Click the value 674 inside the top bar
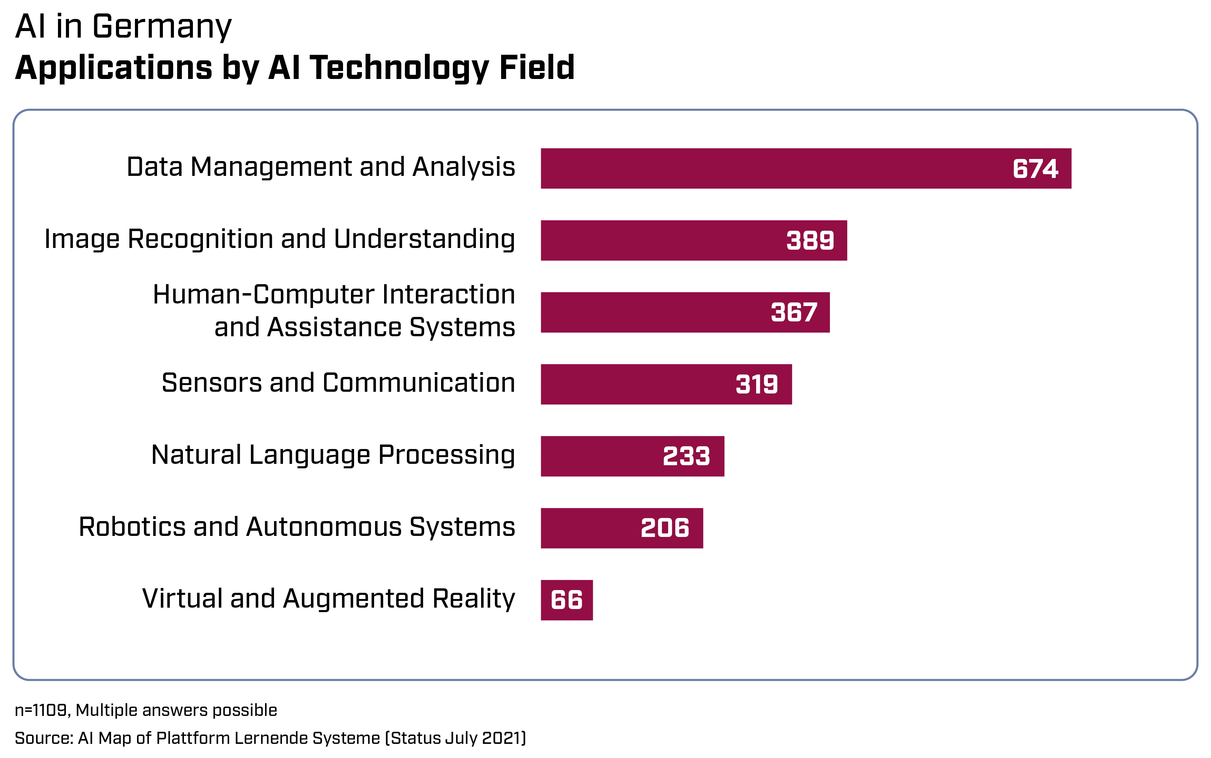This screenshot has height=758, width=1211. point(1035,168)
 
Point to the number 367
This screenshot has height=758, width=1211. point(794,312)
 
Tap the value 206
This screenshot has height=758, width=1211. point(665,528)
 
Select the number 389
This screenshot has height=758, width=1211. point(810,241)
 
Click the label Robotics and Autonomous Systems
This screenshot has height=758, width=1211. point(297,527)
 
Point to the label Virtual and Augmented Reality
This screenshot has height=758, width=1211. point(329,599)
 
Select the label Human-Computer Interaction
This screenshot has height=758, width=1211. point(334,294)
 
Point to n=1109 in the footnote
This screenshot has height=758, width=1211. point(42,710)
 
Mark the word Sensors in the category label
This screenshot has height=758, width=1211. point(212,383)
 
